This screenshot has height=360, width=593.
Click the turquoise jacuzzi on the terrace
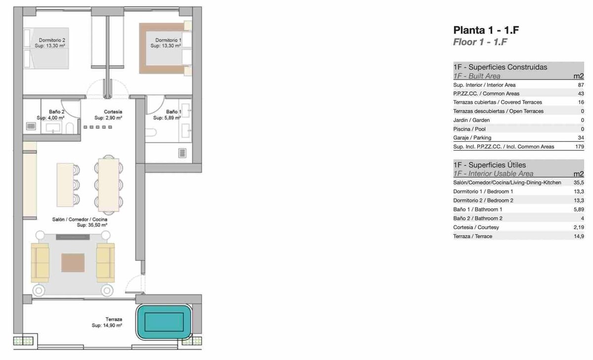[x=164, y=321]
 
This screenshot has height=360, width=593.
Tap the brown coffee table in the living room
[x=73, y=263]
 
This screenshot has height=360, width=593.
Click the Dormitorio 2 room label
[x=52, y=40]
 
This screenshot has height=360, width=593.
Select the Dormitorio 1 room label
[x=169, y=40]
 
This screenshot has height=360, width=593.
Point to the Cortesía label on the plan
[x=113, y=112]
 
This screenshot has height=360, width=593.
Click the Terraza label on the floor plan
[x=114, y=320]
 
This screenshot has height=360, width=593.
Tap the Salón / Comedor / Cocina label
[x=80, y=219]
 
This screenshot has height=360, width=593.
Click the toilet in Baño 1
[x=151, y=132]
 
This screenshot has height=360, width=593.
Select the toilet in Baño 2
[x=70, y=128]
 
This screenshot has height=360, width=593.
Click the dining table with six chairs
[x=109, y=185]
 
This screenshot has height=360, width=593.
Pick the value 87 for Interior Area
[x=581, y=85]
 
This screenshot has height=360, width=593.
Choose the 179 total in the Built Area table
[x=580, y=147]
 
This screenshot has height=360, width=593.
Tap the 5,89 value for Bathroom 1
[x=579, y=209]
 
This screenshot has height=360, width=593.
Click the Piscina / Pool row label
[x=469, y=129]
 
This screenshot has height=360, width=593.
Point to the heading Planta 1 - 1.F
[x=486, y=30]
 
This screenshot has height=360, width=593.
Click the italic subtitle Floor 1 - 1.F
[x=480, y=42]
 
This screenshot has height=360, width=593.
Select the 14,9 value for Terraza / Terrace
[x=579, y=236]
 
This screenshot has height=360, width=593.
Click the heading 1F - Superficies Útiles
[x=490, y=165]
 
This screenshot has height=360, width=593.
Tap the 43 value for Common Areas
[x=581, y=94]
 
